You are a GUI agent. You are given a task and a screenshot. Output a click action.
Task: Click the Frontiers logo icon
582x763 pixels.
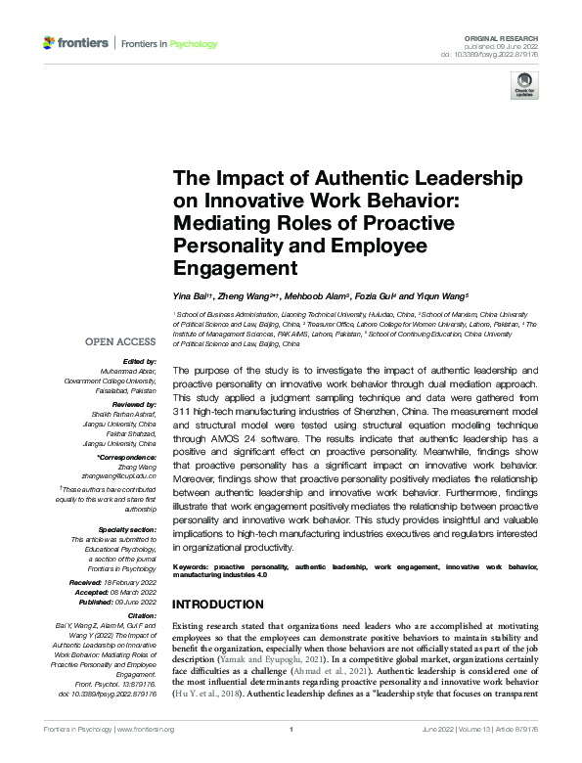[50, 44]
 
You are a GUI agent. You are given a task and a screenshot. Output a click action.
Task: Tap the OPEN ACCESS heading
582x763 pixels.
[120, 341]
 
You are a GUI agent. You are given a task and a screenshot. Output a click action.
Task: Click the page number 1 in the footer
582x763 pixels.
[291, 756]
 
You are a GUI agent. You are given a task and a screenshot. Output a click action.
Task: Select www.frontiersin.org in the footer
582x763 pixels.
[144, 756]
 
